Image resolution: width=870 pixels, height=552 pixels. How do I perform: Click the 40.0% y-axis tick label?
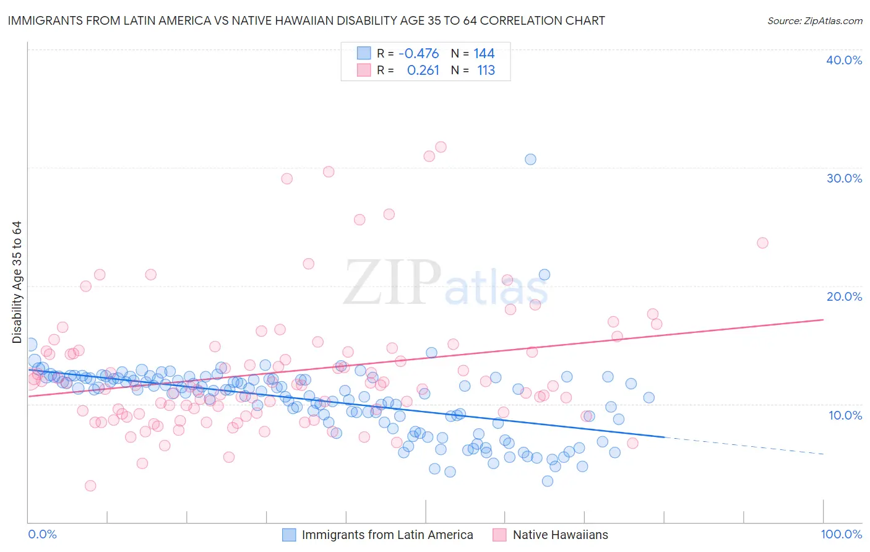tap(844, 60)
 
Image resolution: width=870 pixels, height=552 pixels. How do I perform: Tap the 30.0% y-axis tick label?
tap(844, 178)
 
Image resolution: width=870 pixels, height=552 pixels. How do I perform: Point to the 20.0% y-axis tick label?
tap(844, 296)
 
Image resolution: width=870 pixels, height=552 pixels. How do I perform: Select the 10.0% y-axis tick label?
tap(845, 415)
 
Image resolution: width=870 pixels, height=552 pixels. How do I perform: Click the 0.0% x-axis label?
tap(42, 534)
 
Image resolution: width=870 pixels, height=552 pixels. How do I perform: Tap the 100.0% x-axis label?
tap(841, 534)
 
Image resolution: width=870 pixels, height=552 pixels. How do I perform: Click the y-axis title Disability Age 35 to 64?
tap(17, 282)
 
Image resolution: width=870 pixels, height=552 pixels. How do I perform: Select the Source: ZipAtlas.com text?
tap(814, 20)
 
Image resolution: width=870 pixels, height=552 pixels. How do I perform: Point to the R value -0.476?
tap(418, 53)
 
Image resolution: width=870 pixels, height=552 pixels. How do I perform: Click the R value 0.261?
tap(423, 71)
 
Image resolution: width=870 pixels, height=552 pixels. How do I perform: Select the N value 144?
tap(484, 53)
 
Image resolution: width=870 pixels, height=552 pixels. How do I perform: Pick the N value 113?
tap(486, 71)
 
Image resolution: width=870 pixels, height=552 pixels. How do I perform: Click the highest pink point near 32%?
tap(441, 147)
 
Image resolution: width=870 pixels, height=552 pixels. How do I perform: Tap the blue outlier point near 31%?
tap(530, 159)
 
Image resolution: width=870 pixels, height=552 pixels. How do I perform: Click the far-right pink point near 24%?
tap(762, 243)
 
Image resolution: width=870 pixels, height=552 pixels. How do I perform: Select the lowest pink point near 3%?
tap(90, 486)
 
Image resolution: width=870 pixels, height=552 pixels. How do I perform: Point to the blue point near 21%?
tap(545, 275)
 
